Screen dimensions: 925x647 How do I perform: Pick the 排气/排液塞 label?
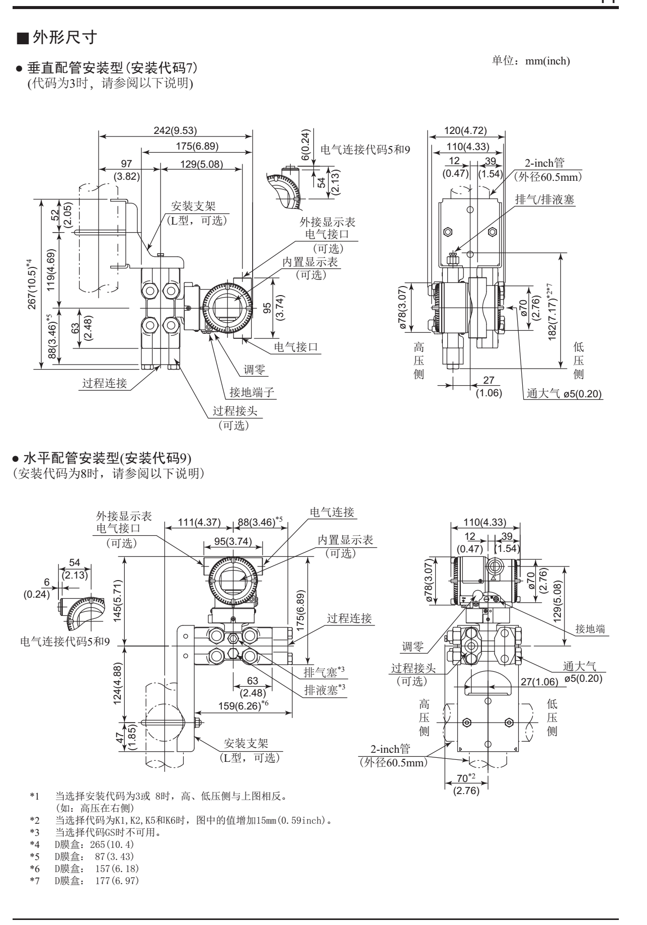point(545,199)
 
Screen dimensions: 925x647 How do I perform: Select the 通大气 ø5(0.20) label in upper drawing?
point(564,394)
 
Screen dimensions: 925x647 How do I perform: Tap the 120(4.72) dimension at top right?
point(465,130)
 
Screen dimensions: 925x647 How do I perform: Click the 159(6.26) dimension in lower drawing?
point(243,706)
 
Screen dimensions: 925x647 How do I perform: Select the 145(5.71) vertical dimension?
point(117,601)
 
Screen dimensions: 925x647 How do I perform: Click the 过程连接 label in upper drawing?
point(105,383)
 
